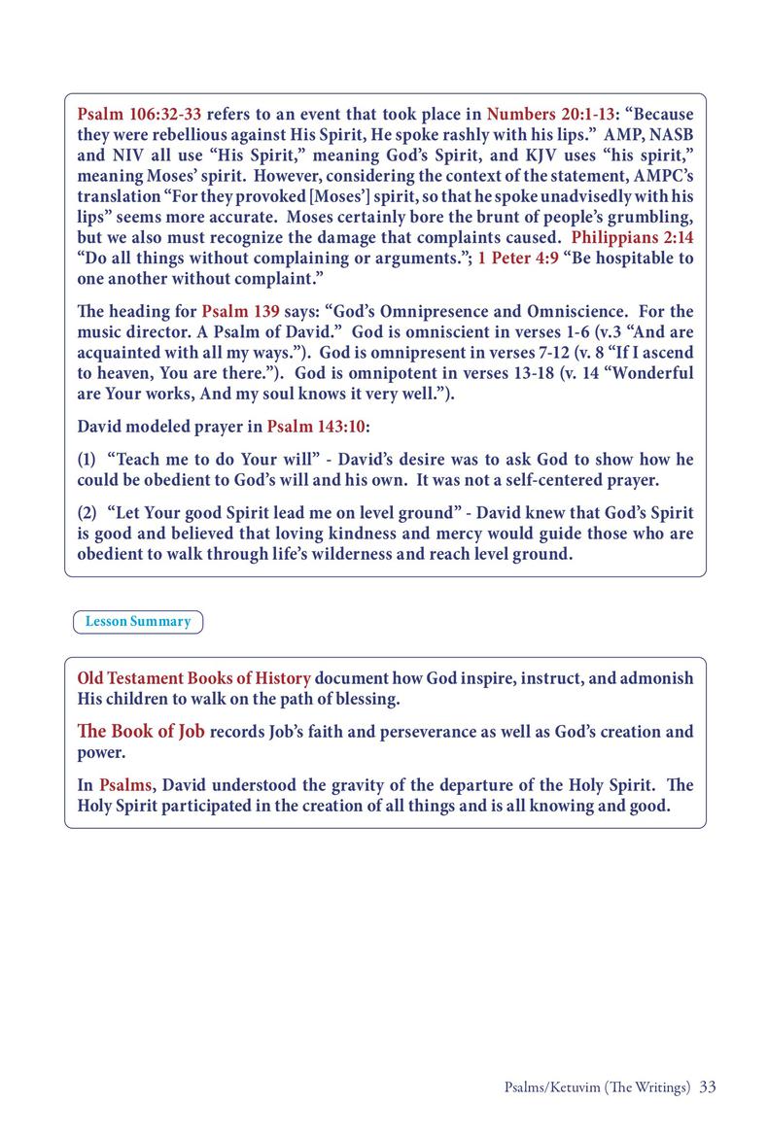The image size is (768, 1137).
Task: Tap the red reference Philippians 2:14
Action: click(x=633, y=236)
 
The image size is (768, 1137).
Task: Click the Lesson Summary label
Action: click(x=138, y=621)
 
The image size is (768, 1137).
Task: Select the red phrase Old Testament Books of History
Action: click(x=194, y=677)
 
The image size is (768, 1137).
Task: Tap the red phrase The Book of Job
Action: click(x=141, y=731)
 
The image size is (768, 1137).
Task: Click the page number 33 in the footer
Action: click(x=708, y=1086)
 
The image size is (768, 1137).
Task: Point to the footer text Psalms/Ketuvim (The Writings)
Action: click(x=592, y=1086)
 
